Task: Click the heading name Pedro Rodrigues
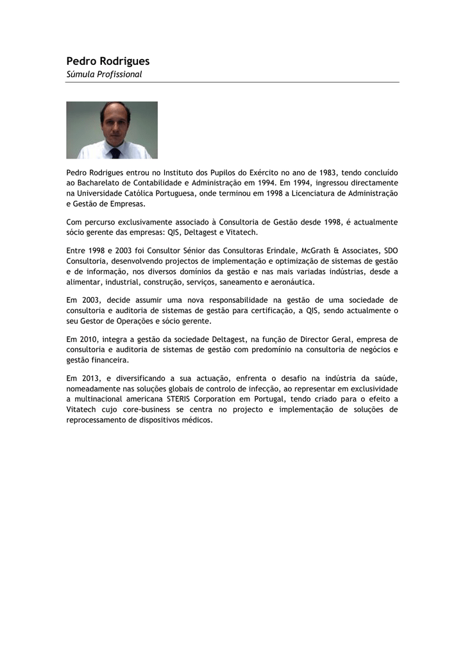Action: [x=108, y=61]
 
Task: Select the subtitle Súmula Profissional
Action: [x=104, y=74]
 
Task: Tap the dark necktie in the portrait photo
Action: [x=115, y=153]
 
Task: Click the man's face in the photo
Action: [x=115, y=124]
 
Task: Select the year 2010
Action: [x=88, y=339]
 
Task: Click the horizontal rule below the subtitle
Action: [x=232, y=82]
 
